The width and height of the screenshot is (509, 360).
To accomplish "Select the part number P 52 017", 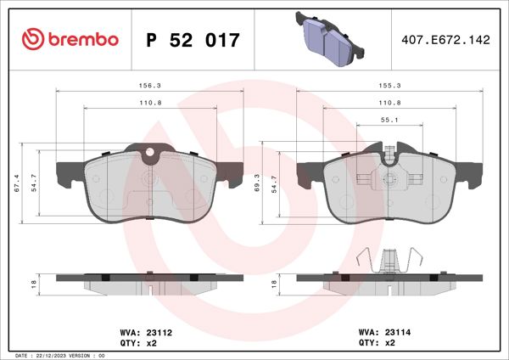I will coord(193,40).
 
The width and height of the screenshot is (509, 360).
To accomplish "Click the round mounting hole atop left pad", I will coord(150,155).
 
